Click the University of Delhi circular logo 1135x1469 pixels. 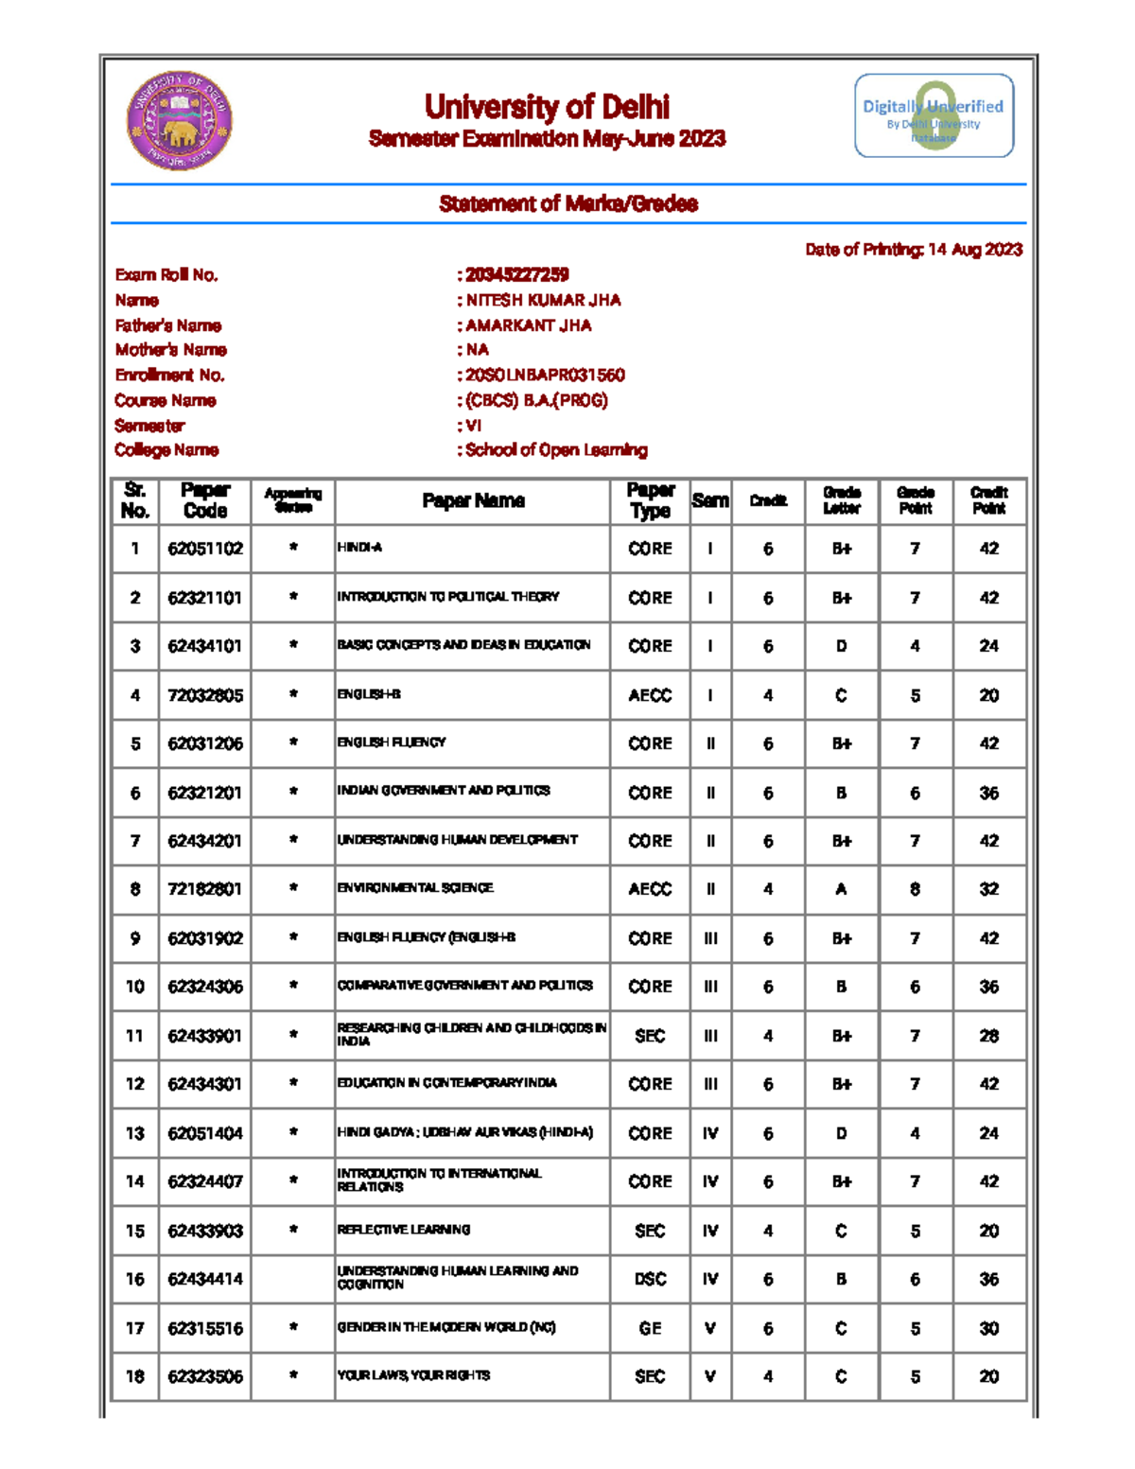click(180, 121)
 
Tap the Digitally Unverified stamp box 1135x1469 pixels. click(934, 115)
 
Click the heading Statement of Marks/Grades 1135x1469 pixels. click(568, 203)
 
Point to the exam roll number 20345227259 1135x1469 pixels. click(516, 274)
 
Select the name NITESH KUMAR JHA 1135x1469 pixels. click(543, 300)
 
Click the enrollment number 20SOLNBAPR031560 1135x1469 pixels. click(545, 375)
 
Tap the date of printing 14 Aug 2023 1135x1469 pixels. click(974, 250)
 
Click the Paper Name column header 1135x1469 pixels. click(473, 500)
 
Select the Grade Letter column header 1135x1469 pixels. click(841, 500)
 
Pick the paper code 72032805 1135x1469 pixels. click(205, 695)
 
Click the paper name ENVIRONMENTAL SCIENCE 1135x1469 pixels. click(415, 888)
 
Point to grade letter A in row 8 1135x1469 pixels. click(841, 889)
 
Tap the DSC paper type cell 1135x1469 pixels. click(650, 1279)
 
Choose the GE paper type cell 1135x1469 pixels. click(650, 1328)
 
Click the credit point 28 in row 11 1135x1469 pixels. click(988, 1036)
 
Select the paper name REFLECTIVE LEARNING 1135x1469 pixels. click(404, 1230)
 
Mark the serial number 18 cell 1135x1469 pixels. click(135, 1376)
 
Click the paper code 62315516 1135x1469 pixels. click(205, 1328)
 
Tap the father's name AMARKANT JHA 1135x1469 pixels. click(528, 325)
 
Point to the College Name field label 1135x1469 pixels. click(166, 450)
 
